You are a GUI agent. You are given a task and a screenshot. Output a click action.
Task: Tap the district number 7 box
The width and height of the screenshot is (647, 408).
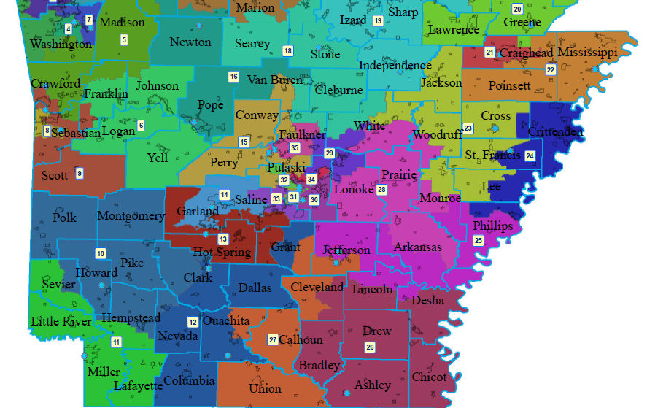[x=89, y=20]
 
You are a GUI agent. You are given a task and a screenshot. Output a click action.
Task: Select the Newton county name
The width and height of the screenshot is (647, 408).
[x=190, y=42]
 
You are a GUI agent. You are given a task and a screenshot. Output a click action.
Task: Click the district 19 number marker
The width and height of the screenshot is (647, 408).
[x=378, y=21]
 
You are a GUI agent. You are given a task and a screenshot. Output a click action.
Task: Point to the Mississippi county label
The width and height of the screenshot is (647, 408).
[x=587, y=53]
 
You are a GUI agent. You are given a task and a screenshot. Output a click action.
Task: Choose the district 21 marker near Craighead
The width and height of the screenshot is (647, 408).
[x=489, y=53]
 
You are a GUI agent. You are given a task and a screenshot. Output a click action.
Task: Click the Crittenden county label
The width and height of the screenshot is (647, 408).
[x=555, y=132]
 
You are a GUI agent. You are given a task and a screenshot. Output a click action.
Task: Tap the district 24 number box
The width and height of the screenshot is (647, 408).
[x=530, y=155]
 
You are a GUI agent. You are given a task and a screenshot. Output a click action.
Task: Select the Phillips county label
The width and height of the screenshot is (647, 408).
[x=492, y=226]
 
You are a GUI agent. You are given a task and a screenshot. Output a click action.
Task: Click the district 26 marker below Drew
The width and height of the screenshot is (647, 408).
[x=370, y=347]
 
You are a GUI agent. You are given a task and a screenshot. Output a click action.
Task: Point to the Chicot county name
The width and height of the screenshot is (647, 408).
[x=429, y=377]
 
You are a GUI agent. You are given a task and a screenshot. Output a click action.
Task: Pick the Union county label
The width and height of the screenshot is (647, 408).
[x=265, y=388]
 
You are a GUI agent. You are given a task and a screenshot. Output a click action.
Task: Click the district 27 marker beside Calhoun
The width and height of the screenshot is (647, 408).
[x=272, y=340]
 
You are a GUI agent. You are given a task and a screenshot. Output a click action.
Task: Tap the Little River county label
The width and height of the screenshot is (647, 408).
[x=61, y=321]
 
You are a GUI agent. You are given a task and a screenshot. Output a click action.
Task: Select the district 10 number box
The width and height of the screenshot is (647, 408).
[x=100, y=253]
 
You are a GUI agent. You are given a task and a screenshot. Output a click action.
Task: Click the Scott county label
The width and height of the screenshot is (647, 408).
[x=55, y=175]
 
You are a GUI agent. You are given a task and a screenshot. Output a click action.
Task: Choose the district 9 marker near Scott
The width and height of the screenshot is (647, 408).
[x=79, y=173]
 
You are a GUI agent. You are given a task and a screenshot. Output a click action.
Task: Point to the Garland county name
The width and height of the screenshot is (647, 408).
[x=197, y=212]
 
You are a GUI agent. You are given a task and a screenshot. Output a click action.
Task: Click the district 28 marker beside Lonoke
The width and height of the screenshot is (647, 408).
[x=381, y=190]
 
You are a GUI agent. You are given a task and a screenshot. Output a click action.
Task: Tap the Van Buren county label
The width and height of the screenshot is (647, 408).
[x=275, y=80]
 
